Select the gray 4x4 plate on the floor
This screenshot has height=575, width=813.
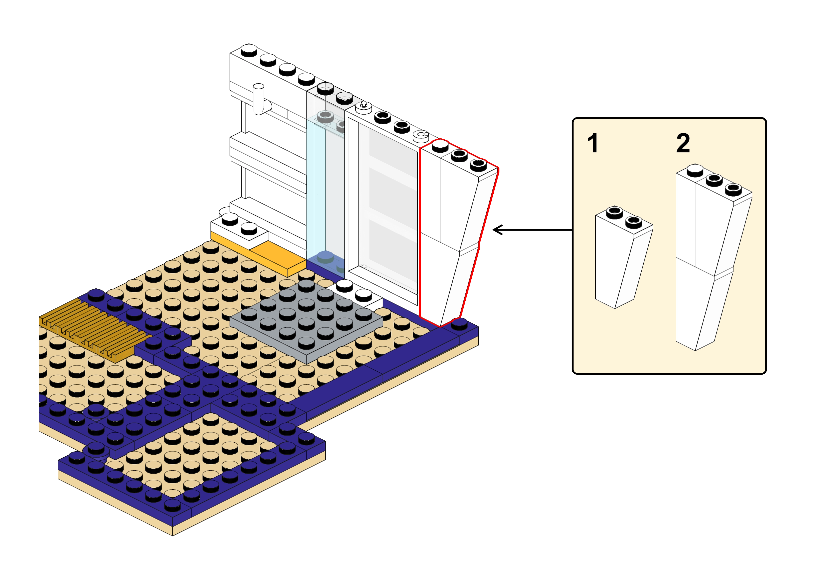(306, 321)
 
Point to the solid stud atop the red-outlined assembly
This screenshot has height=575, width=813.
(440, 145)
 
